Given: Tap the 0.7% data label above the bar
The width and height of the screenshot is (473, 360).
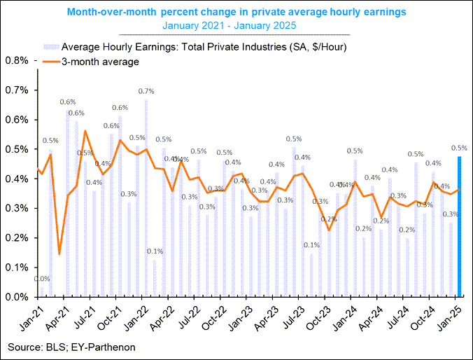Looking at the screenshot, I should (x=146, y=91).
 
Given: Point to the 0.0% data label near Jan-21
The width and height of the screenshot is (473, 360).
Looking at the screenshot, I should (x=41, y=279).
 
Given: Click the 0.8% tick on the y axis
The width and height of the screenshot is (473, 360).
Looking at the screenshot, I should (x=16, y=60).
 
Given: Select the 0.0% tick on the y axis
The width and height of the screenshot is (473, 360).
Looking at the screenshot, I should (x=16, y=297).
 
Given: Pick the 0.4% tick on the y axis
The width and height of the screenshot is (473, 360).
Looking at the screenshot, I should (x=16, y=179).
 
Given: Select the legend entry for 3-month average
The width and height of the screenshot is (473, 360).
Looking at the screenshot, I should (x=101, y=62).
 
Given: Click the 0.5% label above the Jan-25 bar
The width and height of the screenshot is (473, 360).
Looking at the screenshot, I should (x=460, y=148).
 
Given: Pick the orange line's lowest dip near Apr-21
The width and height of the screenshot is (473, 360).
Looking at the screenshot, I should (x=59, y=254).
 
